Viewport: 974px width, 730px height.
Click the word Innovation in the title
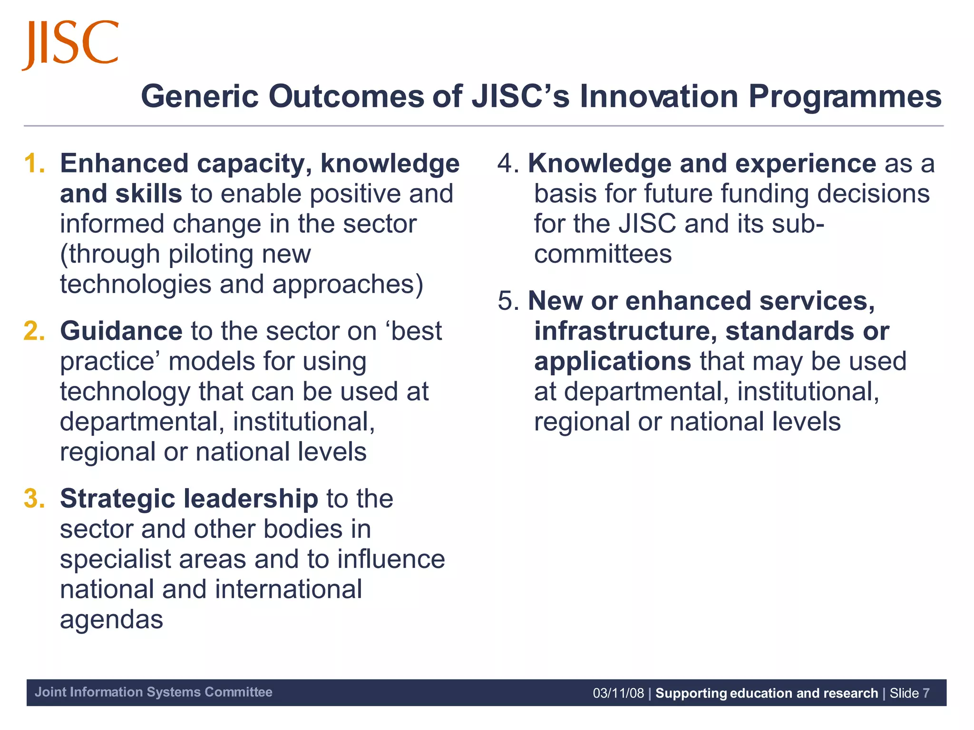659,96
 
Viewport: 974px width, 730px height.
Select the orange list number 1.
34,163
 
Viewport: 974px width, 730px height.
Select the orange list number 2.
34,331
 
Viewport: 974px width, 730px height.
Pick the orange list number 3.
34,499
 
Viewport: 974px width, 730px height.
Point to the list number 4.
507,163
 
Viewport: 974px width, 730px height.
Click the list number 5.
507,301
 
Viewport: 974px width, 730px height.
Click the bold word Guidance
121,331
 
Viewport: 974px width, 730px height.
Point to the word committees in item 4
603,254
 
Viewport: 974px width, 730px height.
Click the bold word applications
612,362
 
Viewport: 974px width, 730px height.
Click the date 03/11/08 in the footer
618,693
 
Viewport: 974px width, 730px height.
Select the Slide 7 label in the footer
909,693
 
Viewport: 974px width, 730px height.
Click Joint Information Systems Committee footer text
153,692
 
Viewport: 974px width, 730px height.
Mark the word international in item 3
288,590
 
